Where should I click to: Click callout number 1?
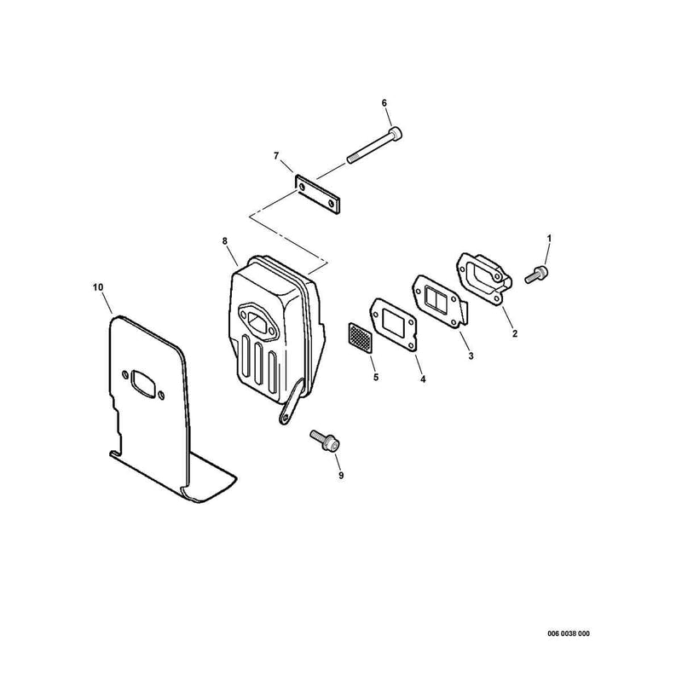click(549, 239)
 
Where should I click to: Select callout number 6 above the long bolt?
click(384, 103)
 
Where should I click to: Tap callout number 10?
click(98, 287)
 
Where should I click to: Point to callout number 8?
click(225, 241)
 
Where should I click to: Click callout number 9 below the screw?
click(341, 476)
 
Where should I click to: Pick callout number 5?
click(376, 377)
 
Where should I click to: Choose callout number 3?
click(471, 356)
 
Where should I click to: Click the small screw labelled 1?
click(537, 275)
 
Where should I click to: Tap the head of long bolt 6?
click(396, 133)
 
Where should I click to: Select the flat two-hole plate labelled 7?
click(318, 195)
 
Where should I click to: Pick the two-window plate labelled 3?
click(439, 302)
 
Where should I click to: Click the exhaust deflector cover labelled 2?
click(483, 280)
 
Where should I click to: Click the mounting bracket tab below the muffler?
click(291, 402)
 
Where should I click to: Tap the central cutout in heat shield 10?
click(143, 383)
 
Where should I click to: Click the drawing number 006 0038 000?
click(569, 633)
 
